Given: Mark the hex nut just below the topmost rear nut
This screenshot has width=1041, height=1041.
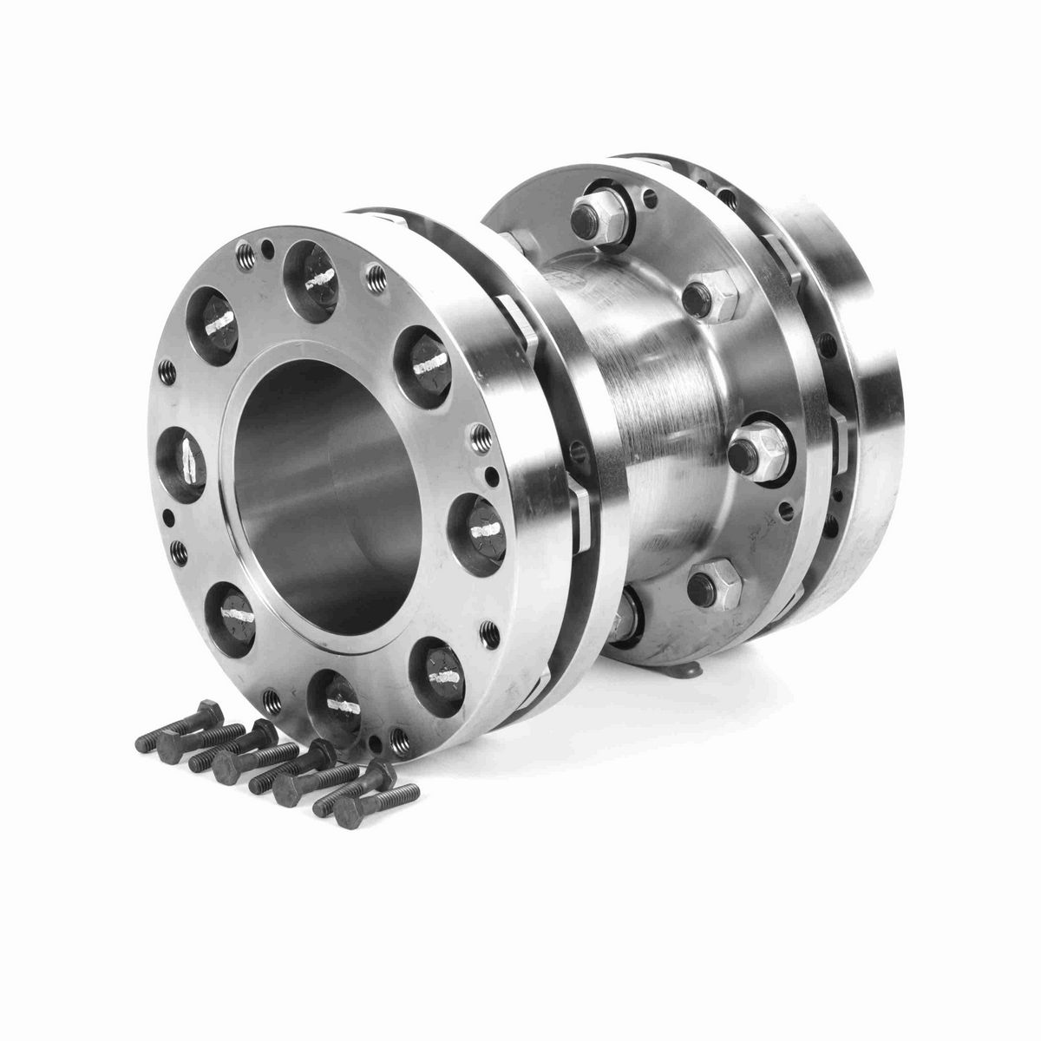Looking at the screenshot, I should [713, 296].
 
